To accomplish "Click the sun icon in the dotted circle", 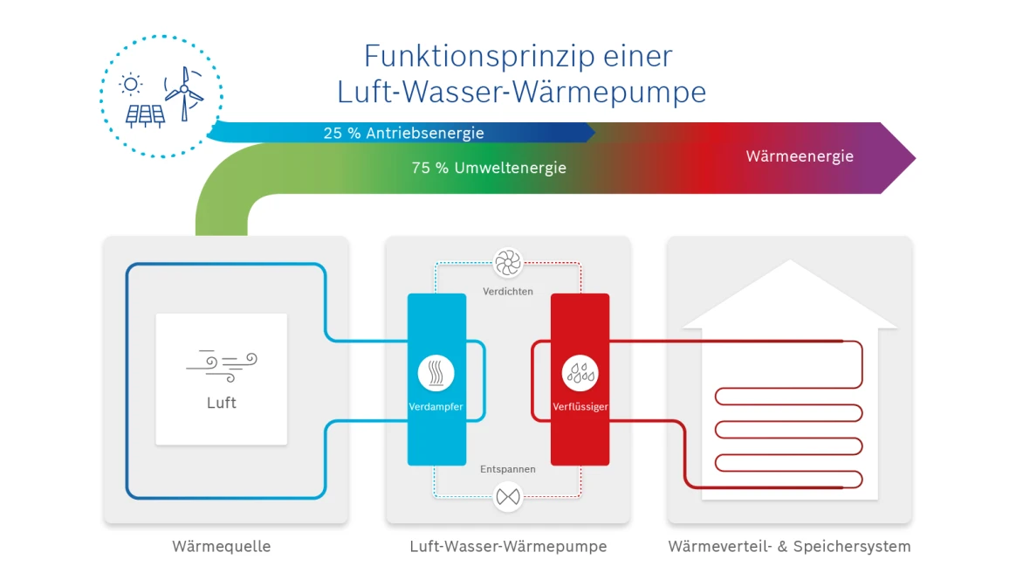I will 131,84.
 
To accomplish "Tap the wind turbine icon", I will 183,93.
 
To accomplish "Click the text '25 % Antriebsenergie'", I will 403,134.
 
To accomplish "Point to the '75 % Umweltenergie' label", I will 489,168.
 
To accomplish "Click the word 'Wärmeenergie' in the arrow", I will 800,156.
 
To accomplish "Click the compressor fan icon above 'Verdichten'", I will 507,262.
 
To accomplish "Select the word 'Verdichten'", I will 507,291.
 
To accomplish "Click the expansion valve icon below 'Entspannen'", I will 507,497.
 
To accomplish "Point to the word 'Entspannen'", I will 507,469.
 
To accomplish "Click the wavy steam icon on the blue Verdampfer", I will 436,373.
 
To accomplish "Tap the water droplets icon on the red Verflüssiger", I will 580,373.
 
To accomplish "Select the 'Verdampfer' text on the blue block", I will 436,407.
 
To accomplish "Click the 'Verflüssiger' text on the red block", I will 580,407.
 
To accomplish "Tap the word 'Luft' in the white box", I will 222,403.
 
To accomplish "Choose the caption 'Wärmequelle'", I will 222,547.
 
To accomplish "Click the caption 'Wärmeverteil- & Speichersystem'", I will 789,547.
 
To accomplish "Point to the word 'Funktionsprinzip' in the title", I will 456,56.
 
